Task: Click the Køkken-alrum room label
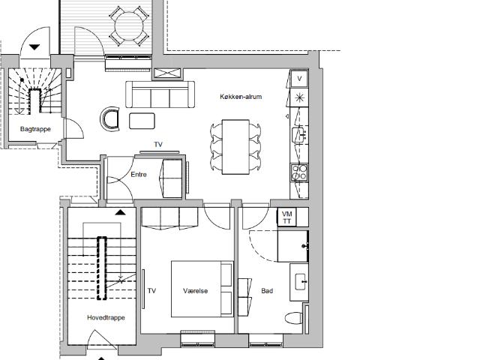point(241,97)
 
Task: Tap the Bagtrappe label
point(35,129)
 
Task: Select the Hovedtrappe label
point(106,317)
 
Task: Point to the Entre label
point(139,175)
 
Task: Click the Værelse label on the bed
point(195,291)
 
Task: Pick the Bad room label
point(267,291)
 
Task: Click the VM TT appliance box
point(286,217)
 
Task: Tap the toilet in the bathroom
point(294,318)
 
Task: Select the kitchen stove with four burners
point(298,172)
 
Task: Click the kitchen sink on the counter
point(299,135)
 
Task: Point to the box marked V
point(299,79)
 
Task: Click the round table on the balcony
point(129,25)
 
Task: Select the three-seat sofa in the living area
point(160,94)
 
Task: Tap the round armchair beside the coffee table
point(110,119)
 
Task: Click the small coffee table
point(142,121)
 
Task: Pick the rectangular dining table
point(235,147)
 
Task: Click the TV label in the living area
point(158,145)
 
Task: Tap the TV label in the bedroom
point(151,291)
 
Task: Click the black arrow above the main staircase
point(120,212)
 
